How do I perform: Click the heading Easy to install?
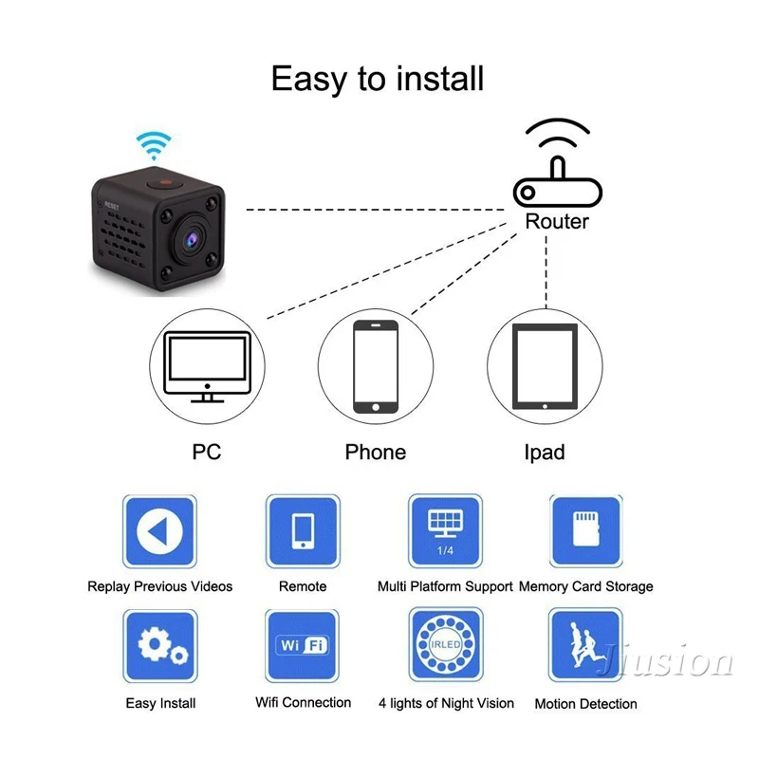(x=378, y=78)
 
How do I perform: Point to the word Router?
(x=557, y=221)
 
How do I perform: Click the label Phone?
(x=376, y=452)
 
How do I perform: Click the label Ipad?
(x=545, y=452)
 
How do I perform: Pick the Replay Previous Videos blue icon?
(x=159, y=532)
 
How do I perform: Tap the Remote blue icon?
(x=303, y=532)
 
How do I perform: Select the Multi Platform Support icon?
(x=445, y=532)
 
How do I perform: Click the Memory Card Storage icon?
(x=586, y=532)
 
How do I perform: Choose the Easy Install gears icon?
(x=159, y=646)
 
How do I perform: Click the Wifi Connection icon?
(x=303, y=646)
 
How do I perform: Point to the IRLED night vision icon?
(x=445, y=646)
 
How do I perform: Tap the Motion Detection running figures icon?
(x=586, y=646)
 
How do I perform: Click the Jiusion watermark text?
(x=663, y=661)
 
